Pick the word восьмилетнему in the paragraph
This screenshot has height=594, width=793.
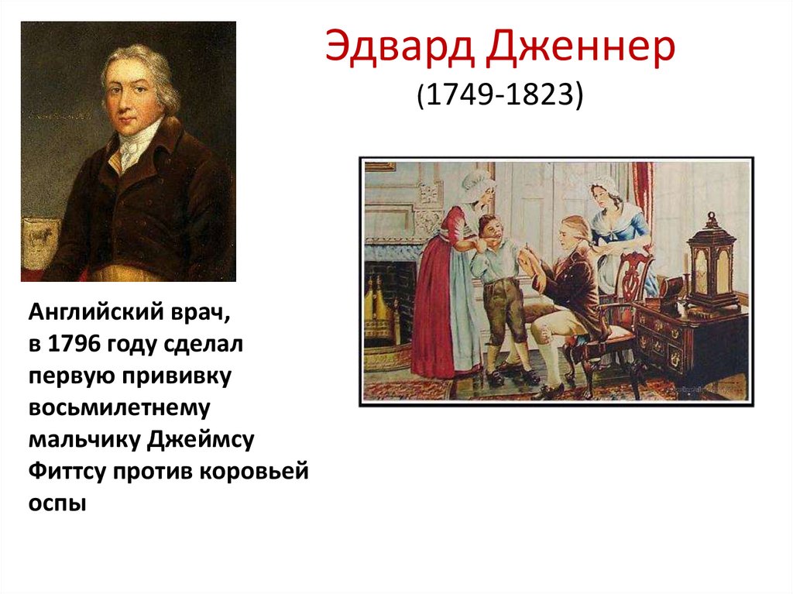(x=122, y=407)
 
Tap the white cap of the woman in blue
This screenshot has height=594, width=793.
(x=605, y=187)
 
